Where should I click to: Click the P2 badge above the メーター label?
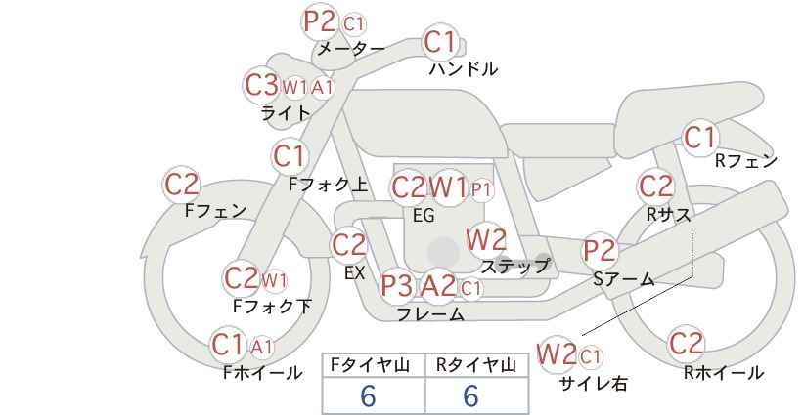click(320, 22)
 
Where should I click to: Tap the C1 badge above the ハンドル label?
click(440, 42)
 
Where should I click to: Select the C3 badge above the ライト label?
click(261, 85)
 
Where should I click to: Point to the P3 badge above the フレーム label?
click(397, 285)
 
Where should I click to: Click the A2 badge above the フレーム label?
click(438, 285)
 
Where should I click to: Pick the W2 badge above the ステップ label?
click(486, 239)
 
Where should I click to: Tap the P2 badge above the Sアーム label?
click(600, 251)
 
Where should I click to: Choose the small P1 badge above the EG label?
click(481, 190)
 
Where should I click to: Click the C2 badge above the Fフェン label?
click(182, 185)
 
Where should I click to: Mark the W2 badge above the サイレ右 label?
click(557, 354)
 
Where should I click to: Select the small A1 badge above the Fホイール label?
click(261, 348)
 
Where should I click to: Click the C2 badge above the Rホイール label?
click(686, 344)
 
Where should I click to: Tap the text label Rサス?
click(668, 215)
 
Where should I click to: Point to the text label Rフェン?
click(746, 161)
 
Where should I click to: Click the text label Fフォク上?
click(329, 185)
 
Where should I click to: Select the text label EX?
click(354, 273)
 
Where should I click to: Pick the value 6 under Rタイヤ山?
click(470, 395)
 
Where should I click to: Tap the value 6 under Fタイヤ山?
click(368, 395)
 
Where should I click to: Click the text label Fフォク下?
click(272, 306)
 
